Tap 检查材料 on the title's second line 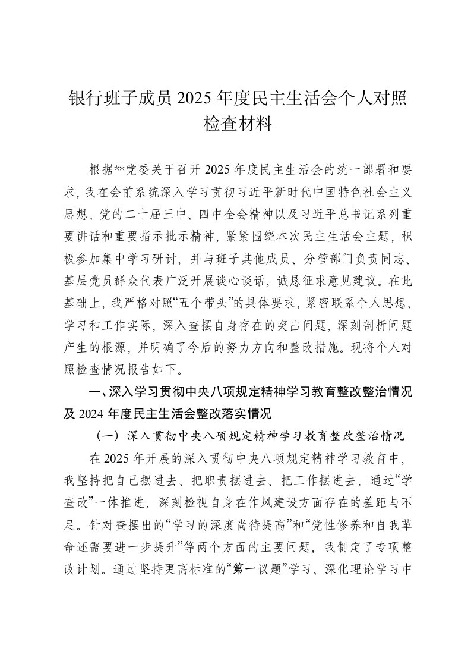[x=235, y=125]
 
